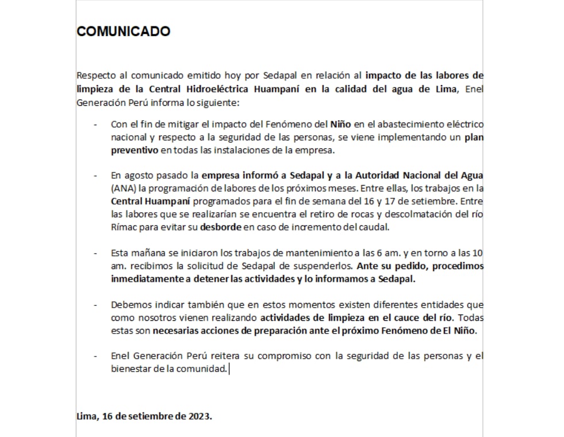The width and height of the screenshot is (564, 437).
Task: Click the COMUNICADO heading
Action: (x=123, y=31)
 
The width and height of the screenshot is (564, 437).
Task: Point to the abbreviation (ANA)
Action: (x=122, y=188)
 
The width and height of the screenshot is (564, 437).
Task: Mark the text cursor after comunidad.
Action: (x=229, y=369)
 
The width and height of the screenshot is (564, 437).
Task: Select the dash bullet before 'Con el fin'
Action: (x=96, y=124)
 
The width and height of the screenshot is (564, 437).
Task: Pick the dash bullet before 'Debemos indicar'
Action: (x=96, y=305)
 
